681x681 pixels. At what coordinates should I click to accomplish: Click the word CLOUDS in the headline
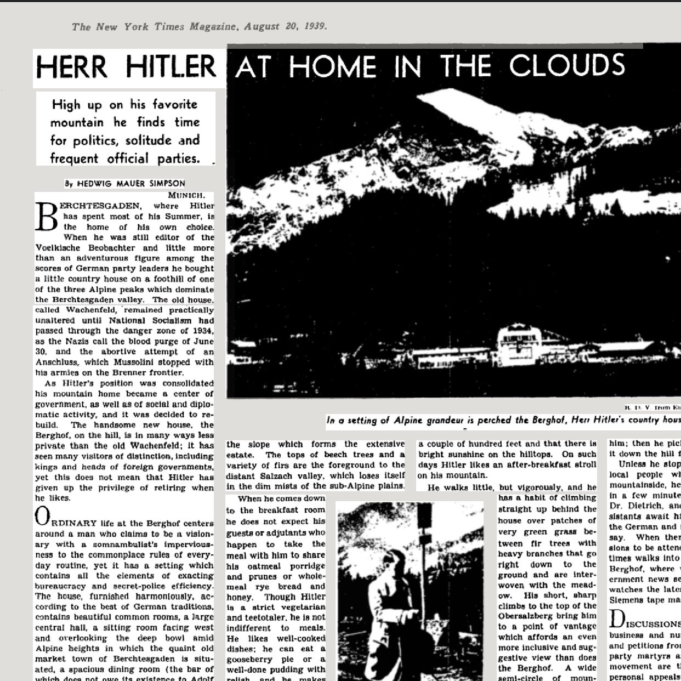point(567,66)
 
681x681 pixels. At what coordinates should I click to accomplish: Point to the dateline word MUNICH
point(187,195)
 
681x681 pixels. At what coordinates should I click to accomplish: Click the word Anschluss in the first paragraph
point(60,362)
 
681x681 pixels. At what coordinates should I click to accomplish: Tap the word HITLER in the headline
point(171,67)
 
